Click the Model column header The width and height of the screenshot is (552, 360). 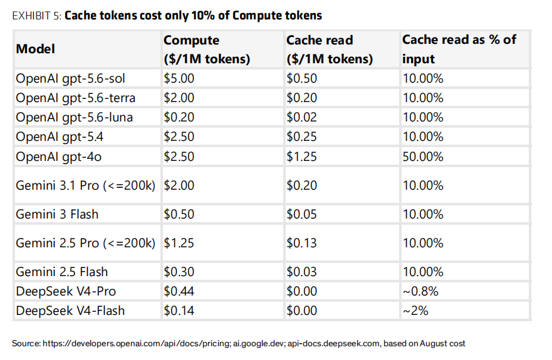tap(36, 49)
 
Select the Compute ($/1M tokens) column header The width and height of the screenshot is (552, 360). tap(207, 49)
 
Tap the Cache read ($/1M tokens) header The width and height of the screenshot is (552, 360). tap(330, 49)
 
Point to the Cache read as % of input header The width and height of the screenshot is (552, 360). tap(459, 49)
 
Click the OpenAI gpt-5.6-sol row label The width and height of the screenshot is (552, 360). tap(70, 78)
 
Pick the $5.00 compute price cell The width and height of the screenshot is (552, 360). tap(179, 78)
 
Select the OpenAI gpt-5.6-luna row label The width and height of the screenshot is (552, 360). tap(75, 117)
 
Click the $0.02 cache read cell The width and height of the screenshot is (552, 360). tap(302, 117)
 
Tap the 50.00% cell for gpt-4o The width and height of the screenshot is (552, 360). tap(423, 157)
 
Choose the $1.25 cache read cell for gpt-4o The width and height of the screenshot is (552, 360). tap(302, 157)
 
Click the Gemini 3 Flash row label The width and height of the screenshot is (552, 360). tap(57, 214)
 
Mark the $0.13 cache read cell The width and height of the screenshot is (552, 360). tap(302, 243)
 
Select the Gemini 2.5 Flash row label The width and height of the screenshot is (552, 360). tap(61, 272)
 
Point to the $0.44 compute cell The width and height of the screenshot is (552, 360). tap(179, 291)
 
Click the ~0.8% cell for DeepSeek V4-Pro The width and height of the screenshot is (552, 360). tap(420, 291)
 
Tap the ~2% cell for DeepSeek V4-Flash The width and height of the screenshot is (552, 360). tap(415, 311)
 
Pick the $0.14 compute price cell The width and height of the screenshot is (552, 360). tap(179, 311)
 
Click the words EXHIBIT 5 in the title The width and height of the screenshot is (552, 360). tap(36, 16)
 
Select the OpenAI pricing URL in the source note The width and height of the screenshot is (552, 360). tap(136, 344)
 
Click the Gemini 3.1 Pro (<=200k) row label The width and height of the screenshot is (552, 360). tap(86, 185)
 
